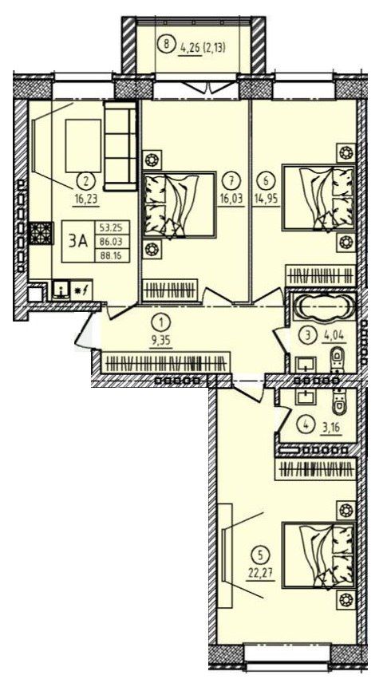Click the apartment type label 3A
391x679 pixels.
[78, 242]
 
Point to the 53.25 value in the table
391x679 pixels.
[109, 227]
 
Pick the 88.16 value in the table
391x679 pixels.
[109, 255]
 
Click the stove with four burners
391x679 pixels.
[40, 234]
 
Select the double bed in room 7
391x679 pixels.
[180, 204]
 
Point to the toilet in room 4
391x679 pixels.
[339, 401]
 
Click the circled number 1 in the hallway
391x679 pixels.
[161, 322]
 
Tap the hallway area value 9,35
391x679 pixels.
[161, 341]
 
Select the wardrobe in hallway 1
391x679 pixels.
[166, 362]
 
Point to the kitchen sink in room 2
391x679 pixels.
[62, 290]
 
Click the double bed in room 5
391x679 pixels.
[319, 555]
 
